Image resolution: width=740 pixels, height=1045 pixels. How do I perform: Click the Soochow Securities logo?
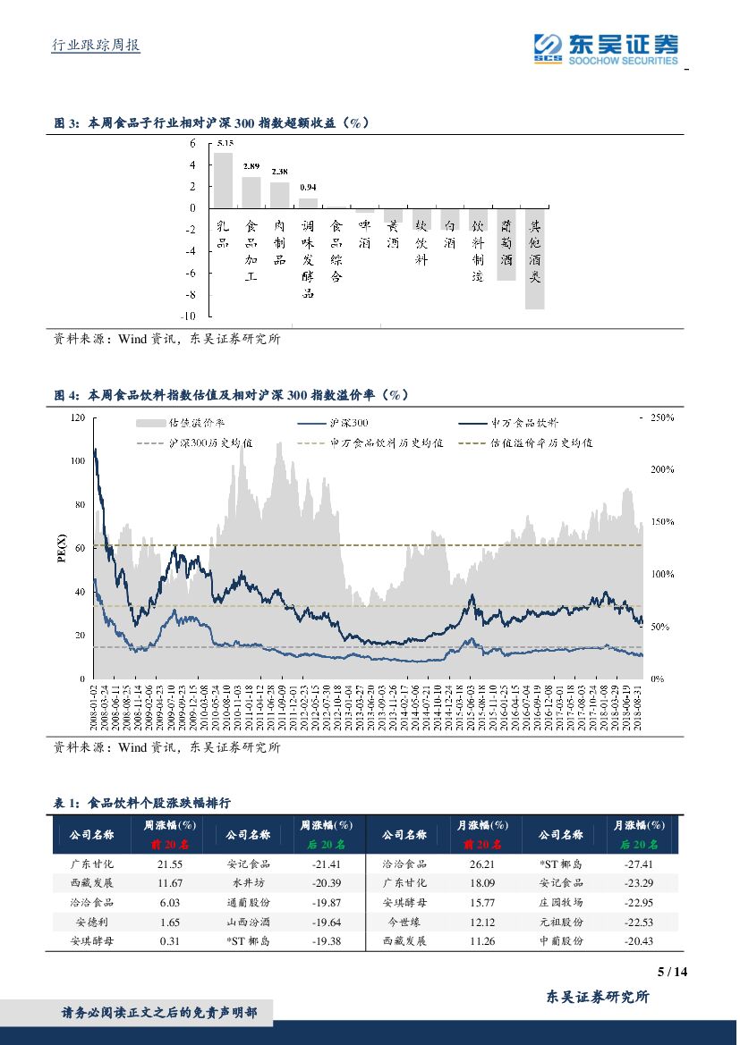point(605,48)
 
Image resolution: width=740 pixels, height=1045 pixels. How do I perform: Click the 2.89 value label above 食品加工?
point(251,167)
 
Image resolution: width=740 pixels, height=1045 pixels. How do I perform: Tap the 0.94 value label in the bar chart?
point(308,188)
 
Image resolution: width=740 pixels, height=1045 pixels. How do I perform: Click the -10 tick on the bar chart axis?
point(189,316)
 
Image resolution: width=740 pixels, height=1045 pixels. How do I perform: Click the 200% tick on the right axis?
point(662,469)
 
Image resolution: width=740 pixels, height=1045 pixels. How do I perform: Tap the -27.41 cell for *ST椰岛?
point(640,864)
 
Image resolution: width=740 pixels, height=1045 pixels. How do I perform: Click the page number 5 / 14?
point(671,973)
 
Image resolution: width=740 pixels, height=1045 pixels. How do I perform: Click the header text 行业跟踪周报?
point(97,46)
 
